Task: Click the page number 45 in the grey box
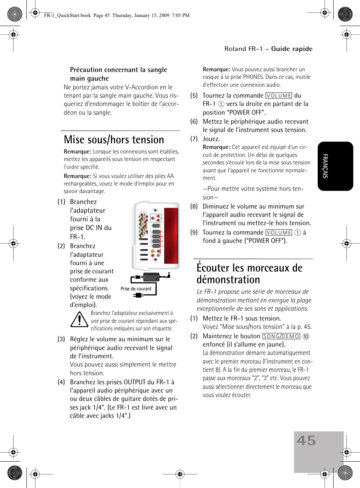pyautogui.click(x=306, y=440)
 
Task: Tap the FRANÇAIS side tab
pyautogui.click(x=325, y=166)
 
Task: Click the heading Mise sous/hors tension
pyautogui.click(x=114, y=140)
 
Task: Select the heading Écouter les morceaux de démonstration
pyautogui.click(x=249, y=273)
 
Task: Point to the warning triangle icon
pyautogui.click(x=79, y=320)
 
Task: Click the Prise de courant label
pyautogui.click(x=136, y=289)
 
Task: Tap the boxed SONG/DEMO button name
pyautogui.click(x=281, y=336)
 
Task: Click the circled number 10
pyautogui.click(x=306, y=336)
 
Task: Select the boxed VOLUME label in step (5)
pyautogui.click(x=278, y=96)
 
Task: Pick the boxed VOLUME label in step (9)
pyautogui.click(x=278, y=233)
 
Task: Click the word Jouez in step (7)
pyautogui.click(x=211, y=139)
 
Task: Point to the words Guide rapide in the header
pyautogui.click(x=292, y=49)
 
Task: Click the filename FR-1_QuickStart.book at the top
pyautogui.click(x=67, y=15)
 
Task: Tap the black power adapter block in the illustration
pyautogui.click(x=151, y=277)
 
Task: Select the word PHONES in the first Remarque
pyautogui.click(x=253, y=77)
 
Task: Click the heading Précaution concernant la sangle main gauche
pyautogui.click(x=118, y=74)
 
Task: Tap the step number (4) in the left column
pyautogui.click(x=61, y=382)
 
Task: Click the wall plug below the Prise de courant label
pyautogui.click(x=139, y=295)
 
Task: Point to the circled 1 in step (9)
pyautogui.click(x=297, y=233)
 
